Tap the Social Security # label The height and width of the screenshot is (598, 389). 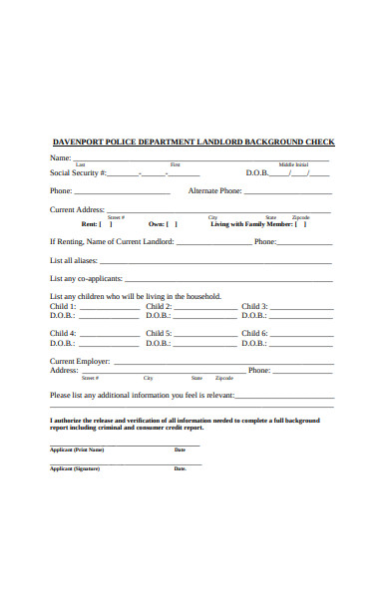pyautogui.click(x=77, y=173)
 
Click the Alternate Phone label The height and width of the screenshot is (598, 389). pyautogui.click(x=214, y=190)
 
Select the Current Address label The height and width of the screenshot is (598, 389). pyautogui.click(x=77, y=209)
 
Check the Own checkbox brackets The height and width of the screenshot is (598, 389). pyautogui.click(x=173, y=224)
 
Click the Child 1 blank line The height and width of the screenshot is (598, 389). pyautogui.click(x=110, y=307)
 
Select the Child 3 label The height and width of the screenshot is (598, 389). pyautogui.click(x=254, y=307)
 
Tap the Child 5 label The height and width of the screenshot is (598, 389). pyautogui.click(x=159, y=333)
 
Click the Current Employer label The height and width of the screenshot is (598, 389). pyautogui.click(x=81, y=361)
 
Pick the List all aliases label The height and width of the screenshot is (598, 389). pyautogui.click(x=73, y=259)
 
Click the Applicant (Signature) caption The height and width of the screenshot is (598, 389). pyautogui.click(x=76, y=467)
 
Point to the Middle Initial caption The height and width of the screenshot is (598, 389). pyautogui.click(x=293, y=164)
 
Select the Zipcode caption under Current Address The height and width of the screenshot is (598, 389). pyautogui.click(x=300, y=216)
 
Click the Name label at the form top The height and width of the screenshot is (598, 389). pyautogui.click(x=60, y=157)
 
